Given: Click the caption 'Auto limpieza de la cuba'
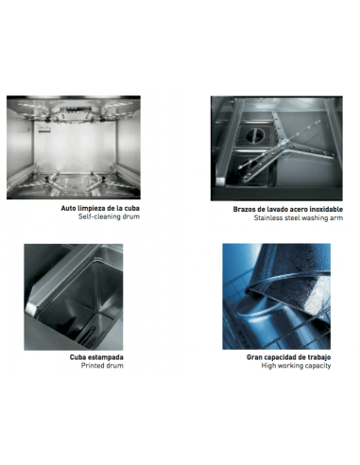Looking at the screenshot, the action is [100, 208].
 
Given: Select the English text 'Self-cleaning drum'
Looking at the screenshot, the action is [109, 216].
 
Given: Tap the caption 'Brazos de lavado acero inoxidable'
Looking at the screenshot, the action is [288, 209].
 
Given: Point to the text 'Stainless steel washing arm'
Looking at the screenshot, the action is [299, 217].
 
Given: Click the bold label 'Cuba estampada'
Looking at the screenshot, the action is [96, 357].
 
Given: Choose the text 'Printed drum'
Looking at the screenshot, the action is [102, 366].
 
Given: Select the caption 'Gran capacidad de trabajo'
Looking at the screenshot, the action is [288, 357].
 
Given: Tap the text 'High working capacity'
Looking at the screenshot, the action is [296, 366].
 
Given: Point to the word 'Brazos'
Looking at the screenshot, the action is [243, 209].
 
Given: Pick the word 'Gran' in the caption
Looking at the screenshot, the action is [254, 357].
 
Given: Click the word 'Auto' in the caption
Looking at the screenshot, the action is [68, 208].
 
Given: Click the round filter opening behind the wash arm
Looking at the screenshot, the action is [255, 136].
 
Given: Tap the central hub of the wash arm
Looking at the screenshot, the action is [284, 144].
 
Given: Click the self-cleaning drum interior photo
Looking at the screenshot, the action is [74, 147].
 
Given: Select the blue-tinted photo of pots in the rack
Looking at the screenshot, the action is [277, 297].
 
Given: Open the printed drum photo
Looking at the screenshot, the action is [74, 297].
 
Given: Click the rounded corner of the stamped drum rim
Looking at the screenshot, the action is [31, 308].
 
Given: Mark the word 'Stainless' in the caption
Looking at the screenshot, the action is [267, 217].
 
